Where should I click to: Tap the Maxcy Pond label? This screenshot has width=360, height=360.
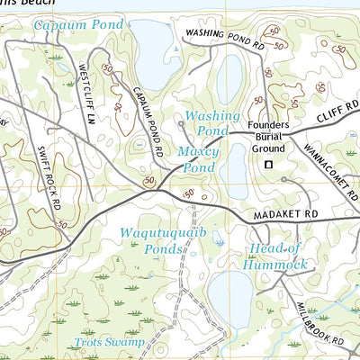[197, 159]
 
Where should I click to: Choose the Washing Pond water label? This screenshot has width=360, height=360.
[212, 123]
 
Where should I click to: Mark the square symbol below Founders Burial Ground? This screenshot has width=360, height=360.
[267, 165]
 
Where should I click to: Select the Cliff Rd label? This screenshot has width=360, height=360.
[337, 112]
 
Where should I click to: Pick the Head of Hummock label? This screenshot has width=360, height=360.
[275, 256]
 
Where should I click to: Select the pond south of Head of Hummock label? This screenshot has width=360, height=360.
[231, 297]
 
